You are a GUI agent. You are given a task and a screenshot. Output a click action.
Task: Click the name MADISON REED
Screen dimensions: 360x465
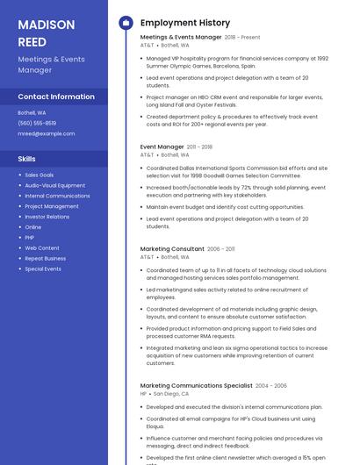pos(46,32)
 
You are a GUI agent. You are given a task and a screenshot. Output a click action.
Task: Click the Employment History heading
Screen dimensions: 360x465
pos(185,22)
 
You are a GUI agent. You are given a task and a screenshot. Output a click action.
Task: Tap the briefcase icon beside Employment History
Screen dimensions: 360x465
pos(126,22)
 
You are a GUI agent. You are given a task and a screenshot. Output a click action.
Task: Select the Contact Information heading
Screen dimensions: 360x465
pos(56,97)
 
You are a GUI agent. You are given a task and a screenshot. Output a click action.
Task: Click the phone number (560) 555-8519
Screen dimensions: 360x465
pos(37,123)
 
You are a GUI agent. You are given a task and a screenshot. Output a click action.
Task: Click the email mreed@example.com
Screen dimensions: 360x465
pos(47,133)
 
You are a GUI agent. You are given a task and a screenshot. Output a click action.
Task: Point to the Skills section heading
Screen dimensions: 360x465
pos(27,159)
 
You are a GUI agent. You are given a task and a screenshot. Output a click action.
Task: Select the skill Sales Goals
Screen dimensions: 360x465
pos(39,175)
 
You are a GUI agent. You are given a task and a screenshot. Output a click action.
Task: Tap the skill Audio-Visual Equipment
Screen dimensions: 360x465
pos(54,185)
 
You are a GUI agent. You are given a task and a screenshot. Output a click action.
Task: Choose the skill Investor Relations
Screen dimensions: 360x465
pos(47,217)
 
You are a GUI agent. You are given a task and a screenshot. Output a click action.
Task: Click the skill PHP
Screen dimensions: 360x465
pos(29,238)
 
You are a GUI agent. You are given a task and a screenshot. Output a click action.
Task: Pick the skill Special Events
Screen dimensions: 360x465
pos(43,269)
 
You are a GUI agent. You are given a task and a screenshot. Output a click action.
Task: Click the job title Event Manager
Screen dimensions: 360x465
pos(162,147)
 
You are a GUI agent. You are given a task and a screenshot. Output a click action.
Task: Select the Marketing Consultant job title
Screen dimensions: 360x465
pos(172,249)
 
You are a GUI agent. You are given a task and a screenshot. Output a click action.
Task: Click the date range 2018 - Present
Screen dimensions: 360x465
pos(242,38)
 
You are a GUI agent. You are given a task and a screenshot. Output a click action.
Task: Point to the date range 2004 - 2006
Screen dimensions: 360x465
pos(271,385)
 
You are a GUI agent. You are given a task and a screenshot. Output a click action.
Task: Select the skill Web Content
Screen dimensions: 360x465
pos(42,248)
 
